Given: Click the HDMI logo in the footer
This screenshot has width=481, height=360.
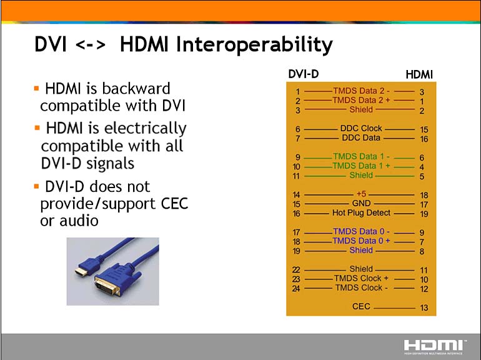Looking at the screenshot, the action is [x=434, y=347].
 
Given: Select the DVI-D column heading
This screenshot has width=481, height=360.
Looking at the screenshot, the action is [x=304, y=74].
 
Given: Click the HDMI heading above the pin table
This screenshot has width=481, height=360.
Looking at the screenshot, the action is [x=419, y=74].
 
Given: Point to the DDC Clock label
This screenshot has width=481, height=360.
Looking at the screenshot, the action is [x=361, y=128].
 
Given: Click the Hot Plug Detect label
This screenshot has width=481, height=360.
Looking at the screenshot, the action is [x=361, y=212].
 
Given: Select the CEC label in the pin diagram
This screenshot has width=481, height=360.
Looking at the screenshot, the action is [x=361, y=306].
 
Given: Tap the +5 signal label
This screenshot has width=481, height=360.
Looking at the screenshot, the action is [x=361, y=194].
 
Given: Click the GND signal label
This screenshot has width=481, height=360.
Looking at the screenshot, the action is [x=361, y=203].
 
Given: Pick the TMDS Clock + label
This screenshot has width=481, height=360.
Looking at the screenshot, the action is [x=361, y=278].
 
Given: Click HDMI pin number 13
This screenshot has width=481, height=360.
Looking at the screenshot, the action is [x=424, y=307].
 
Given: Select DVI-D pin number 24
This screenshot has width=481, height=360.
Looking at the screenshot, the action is [x=296, y=289].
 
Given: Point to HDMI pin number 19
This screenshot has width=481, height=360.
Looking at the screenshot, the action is [x=424, y=214].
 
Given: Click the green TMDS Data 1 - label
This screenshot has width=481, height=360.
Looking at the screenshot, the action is [x=361, y=156].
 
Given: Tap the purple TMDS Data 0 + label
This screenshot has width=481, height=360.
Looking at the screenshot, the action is [x=361, y=241].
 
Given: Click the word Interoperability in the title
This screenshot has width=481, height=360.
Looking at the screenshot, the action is [x=254, y=45].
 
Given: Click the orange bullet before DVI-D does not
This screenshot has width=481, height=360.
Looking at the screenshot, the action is [x=36, y=186].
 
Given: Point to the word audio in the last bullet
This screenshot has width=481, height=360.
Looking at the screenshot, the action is [x=79, y=221].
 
